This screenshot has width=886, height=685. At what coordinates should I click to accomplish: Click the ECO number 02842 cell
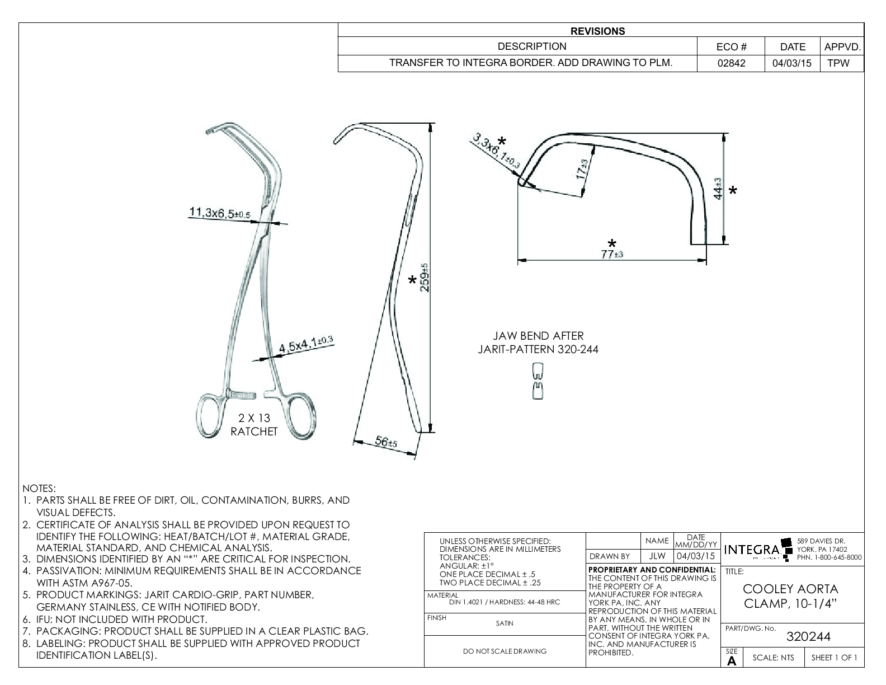(x=731, y=63)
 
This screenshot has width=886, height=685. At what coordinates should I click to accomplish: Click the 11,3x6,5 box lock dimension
(x=219, y=213)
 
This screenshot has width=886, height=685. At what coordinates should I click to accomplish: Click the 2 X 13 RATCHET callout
(x=254, y=425)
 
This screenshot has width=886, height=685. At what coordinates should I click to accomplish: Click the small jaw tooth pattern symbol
(x=537, y=381)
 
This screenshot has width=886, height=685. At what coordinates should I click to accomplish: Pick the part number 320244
(x=808, y=636)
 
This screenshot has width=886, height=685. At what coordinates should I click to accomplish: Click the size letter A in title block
(x=731, y=661)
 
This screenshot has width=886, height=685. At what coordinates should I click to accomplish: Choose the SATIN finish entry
(x=504, y=623)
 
